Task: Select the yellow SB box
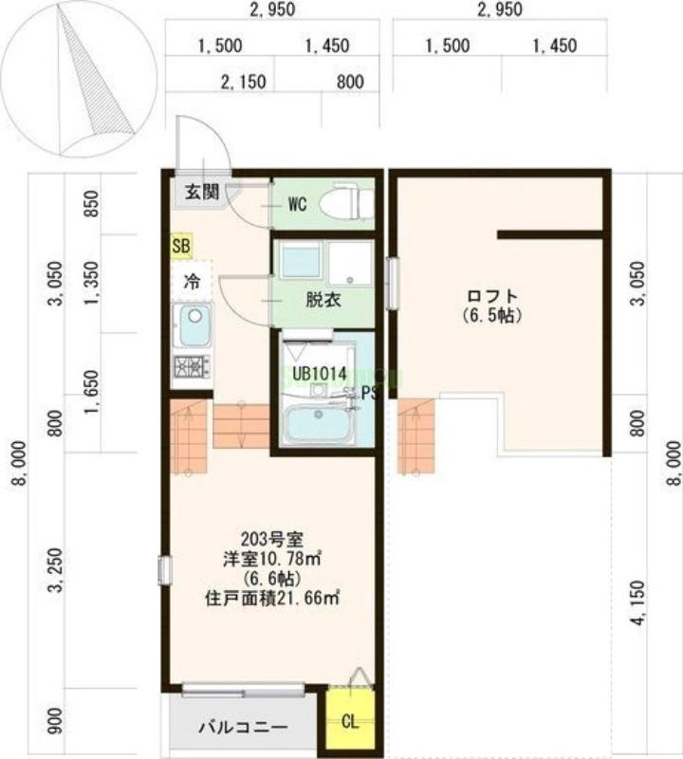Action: coord(181,246)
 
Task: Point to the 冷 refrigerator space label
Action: coord(191,282)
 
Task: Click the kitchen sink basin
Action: coord(194,325)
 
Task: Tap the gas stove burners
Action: coord(192,366)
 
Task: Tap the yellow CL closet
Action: coord(350,721)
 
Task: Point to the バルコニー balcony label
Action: coord(242,729)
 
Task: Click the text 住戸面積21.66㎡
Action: coord(272,598)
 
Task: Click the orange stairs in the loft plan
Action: coord(415,436)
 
